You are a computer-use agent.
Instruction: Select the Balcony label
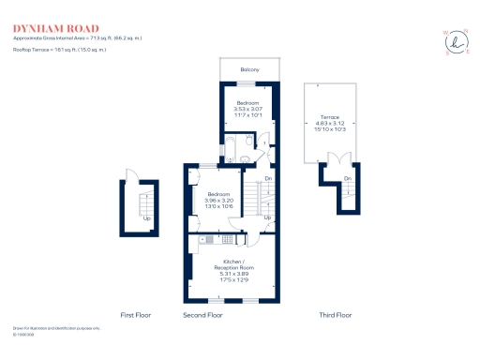click(x=248, y=70)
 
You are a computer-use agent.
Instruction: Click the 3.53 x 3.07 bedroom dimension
click(x=247, y=109)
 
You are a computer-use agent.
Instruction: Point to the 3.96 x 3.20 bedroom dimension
click(x=218, y=201)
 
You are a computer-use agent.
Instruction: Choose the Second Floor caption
click(x=202, y=315)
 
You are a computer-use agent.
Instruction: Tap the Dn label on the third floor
click(x=348, y=178)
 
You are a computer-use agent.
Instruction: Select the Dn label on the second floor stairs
click(x=267, y=178)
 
